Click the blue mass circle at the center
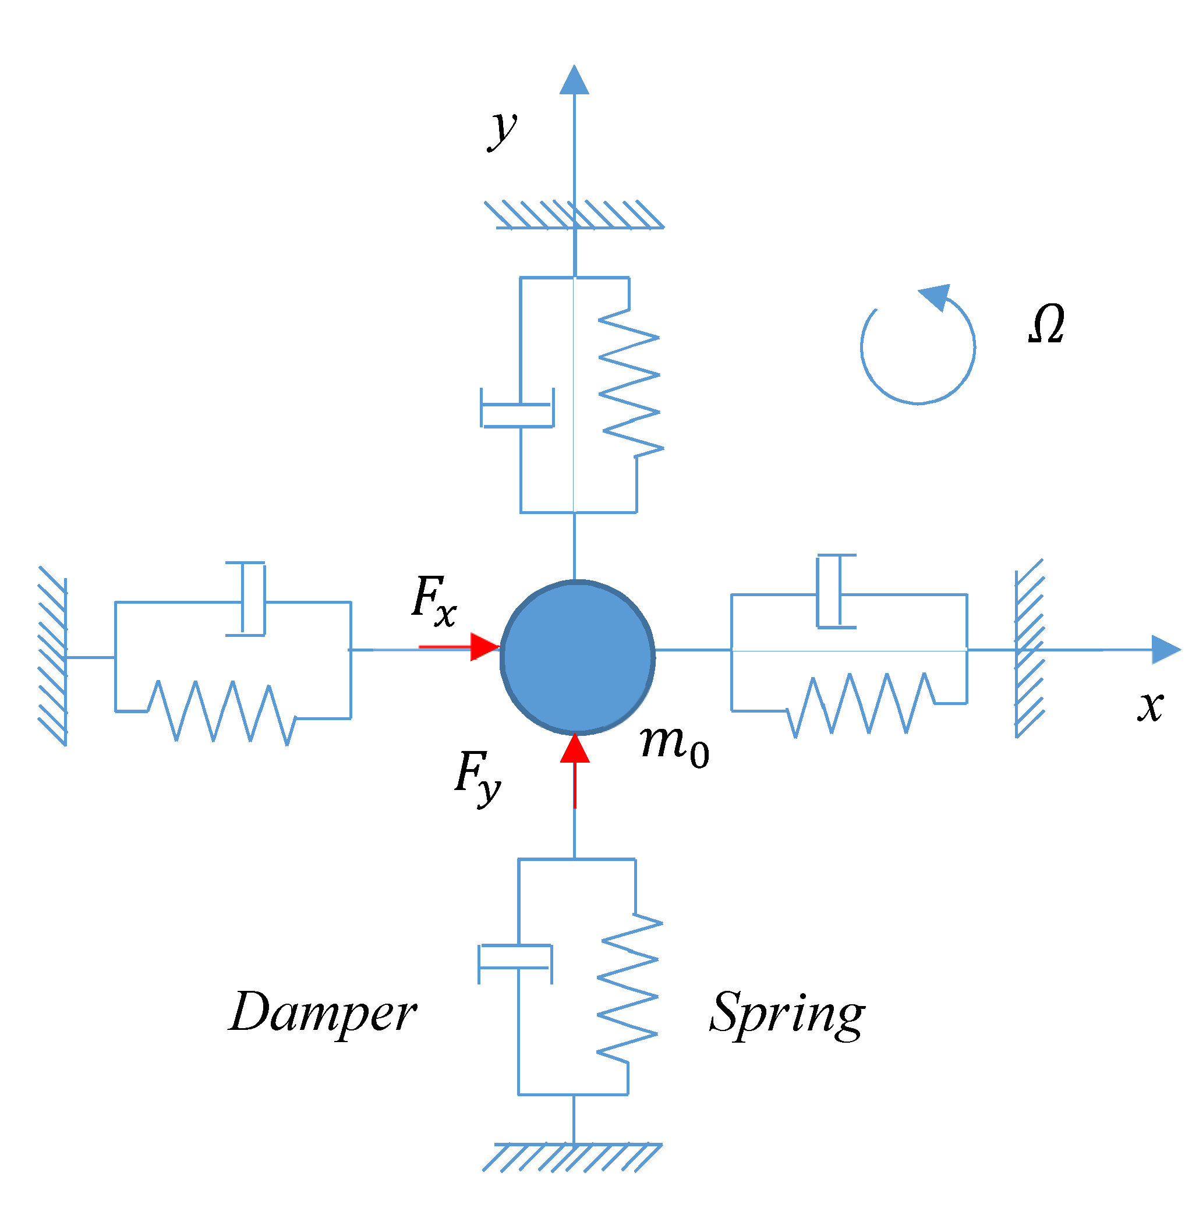point(577,657)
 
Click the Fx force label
point(434,601)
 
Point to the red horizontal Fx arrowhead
point(485,647)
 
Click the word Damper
point(323,1013)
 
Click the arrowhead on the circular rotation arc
point(936,296)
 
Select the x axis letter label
point(1151,707)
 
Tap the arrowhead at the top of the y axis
point(574,80)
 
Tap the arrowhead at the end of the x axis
point(1166,650)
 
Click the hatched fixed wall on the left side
point(53,656)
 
